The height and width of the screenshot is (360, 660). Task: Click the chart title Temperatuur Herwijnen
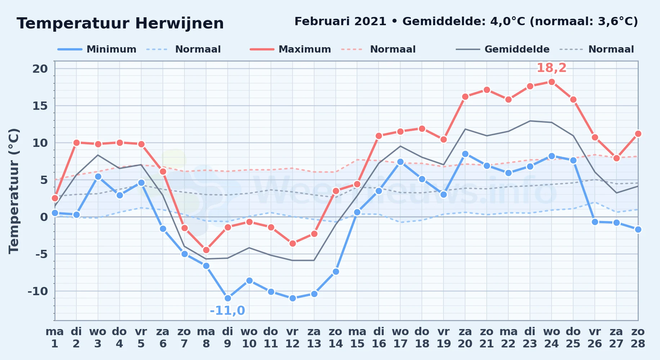pyautogui.click(x=120, y=23)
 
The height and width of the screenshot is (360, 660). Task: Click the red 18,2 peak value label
pyautogui.click(x=552, y=68)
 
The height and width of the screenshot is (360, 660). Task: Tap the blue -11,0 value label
pyautogui.click(x=227, y=310)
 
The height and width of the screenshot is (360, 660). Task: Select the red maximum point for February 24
pyautogui.click(x=552, y=82)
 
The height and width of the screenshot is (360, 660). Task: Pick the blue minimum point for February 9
pyautogui.click(x=228, y=298)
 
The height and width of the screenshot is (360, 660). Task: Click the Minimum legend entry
pyautogui.click(x=97, y=49)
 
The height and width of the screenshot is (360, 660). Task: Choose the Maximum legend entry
pyautogui.click(x=290, y=49)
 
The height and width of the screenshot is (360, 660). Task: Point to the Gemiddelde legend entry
pyautogui.click(x=503, y=49)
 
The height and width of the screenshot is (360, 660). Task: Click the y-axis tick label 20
pyautogui.click(x=40, y=68)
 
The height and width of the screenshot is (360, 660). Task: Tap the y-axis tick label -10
pyautogui.click(x=37, y=291)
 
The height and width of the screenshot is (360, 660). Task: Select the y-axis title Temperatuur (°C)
pyautogui.click(x=14, y=191)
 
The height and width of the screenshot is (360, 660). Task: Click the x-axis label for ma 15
pyautogui.click(x=357, y=337)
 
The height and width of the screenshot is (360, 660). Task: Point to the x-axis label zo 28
pyautogui.click(x=638, y=337)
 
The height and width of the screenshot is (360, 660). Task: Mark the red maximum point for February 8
pyautogui.click(x=206, y=250)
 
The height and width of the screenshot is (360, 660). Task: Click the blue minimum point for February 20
pyautogui.click(x=465, y=154)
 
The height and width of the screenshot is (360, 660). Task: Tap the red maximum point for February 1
pyautogui.click(x=55, y=198)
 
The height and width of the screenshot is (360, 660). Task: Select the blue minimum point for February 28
pyautogui.click(x=638, y=229)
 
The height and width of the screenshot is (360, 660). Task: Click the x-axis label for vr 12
pyautogui.click(x=292, y=337)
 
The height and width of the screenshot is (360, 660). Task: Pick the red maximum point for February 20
pyautogui.click(x=465, y=96)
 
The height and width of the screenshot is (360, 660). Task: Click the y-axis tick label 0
pyautogui.click(x=44, y=217)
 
